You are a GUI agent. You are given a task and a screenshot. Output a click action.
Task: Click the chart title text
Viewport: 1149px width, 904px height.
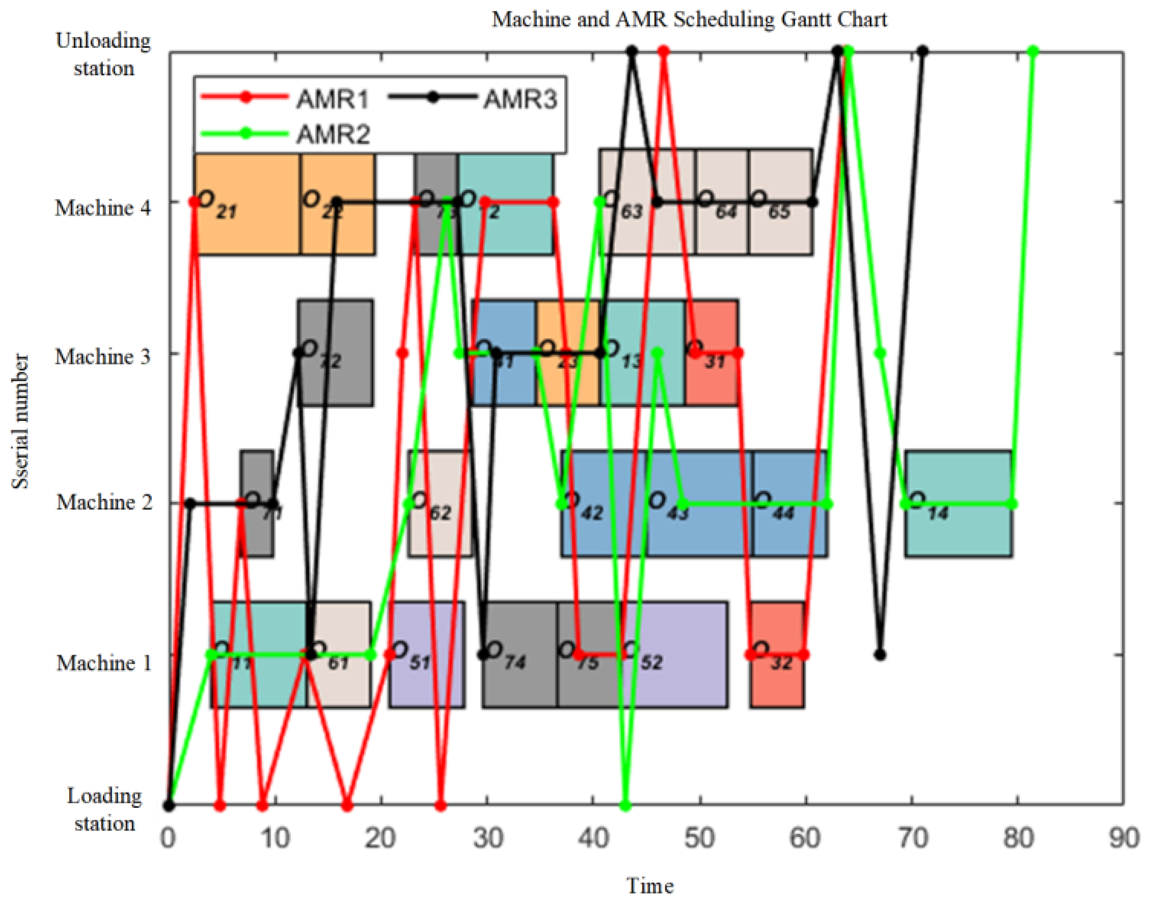[x=689, y=20]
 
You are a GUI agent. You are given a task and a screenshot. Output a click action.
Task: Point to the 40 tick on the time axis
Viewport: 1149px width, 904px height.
[x=594, y=838]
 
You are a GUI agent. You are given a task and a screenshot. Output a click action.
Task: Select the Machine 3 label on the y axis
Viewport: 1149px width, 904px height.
[x=103, y=357]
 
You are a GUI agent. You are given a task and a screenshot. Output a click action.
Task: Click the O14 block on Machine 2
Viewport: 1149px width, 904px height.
[x=958, y=529]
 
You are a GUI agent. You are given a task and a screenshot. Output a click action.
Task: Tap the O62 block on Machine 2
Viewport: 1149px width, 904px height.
[x=440, y=529]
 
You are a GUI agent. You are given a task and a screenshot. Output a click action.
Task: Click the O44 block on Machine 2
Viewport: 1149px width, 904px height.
[x=790, y=529]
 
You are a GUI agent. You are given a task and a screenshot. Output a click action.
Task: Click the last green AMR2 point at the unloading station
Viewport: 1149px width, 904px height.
[x=1033, y=51]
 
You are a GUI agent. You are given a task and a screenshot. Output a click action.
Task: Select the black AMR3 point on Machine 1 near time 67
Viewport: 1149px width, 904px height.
[x=880, y=655]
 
